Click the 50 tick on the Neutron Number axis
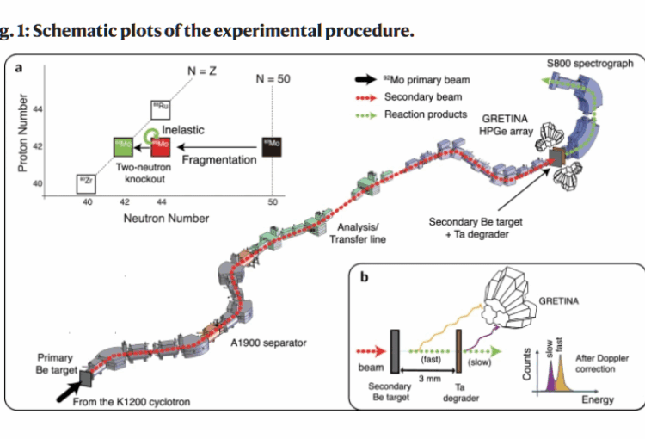coord(273,202)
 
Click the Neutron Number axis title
coord(166,218)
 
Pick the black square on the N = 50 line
coord(272,146)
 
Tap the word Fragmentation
coord(219,160)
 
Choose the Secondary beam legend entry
coord(423,97)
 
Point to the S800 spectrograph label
coord(590,64)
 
